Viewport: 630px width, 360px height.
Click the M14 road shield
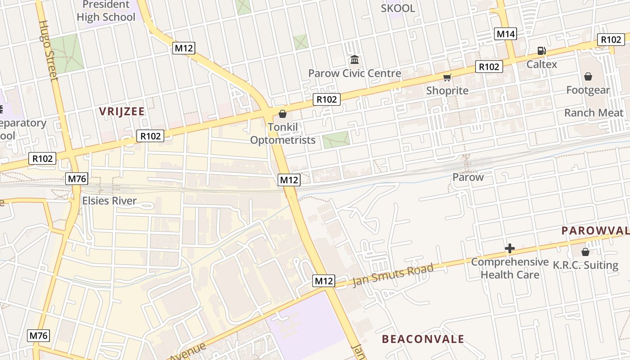coord(505,34)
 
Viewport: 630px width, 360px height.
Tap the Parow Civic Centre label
coord(355,73)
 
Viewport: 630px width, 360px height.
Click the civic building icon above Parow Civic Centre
coord(355,59)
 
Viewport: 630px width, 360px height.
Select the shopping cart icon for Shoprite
coord(447,78)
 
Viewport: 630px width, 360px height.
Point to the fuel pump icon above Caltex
coord(541,51)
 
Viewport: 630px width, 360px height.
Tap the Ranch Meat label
coord(594,112)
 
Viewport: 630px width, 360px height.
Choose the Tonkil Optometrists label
coord(283,134)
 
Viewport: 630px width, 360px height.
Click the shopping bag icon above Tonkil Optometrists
coord(283,114)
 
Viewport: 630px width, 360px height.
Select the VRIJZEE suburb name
coord(122,112)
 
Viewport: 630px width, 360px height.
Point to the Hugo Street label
coord(48,50)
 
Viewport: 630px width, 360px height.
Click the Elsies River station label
coord(109,201)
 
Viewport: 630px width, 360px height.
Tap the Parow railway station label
coord(468,177)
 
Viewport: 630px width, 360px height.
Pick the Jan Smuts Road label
coord(393,275)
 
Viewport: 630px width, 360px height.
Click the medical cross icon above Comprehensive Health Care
coord(509,248)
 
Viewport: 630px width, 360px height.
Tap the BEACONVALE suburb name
coord(423,339)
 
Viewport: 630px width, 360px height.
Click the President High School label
coord(106,11)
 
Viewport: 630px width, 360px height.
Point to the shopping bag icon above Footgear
coord(588,76)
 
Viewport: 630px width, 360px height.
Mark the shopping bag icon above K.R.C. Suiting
coord(585,252)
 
